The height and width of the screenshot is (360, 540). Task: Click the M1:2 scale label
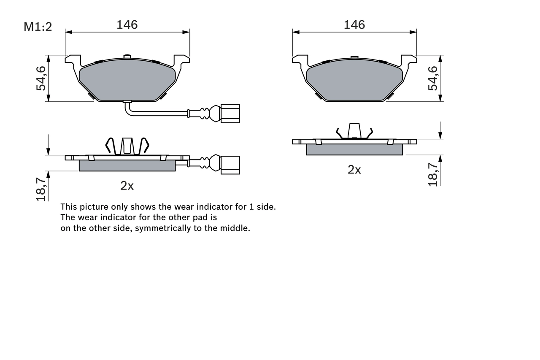click(38, 27)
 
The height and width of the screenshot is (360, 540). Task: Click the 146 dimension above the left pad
click(127, 25)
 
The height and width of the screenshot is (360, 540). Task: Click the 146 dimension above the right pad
click(354, 25)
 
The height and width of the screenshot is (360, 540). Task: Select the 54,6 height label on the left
click(41, 78)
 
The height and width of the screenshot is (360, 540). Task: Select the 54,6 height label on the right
click(433, 78)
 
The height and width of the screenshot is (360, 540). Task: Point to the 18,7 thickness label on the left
click(41, 189)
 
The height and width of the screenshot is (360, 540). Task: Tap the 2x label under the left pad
click(127, 186)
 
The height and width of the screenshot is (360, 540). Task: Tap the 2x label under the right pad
click(354, 170)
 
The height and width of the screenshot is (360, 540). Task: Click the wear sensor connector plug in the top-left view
click(230, 113)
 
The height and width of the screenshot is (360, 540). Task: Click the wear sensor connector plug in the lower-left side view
click(230, 165)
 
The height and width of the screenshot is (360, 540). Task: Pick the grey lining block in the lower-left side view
click(127, 165)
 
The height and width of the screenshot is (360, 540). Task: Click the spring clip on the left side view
click(127, 146)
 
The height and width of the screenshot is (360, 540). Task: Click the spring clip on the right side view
click(354, 131)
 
